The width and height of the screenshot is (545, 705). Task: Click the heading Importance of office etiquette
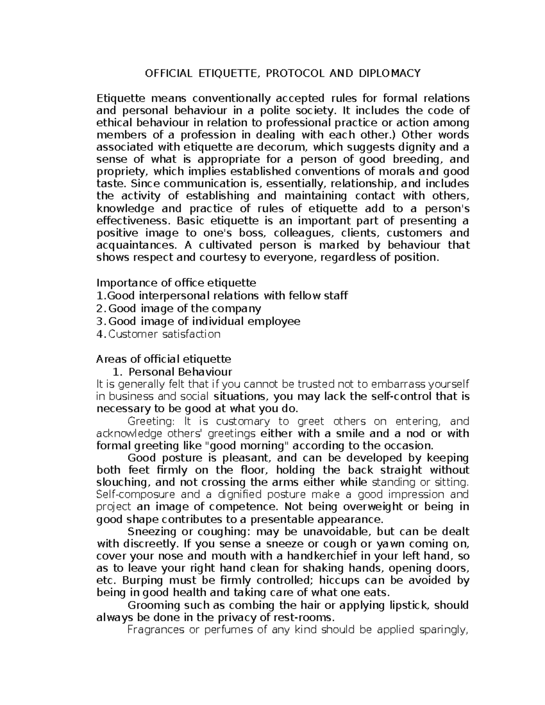[x=176, y=283]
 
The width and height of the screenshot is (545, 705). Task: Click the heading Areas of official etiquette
[x=163, y=360]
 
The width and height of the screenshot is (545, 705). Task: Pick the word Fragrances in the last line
[x=156, y=630]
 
